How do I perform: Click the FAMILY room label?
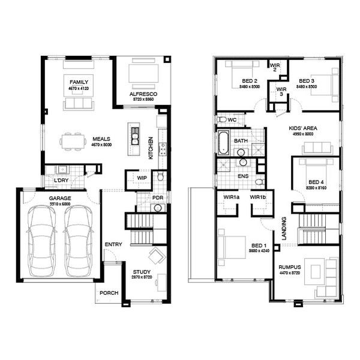click(x=79, y=81)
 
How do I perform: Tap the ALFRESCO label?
click(x=142, y=95)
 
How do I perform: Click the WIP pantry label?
click(x=142, y=178)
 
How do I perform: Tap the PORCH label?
click(x=109, y=293)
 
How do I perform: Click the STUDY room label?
click(x=142, y=272)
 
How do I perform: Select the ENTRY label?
click(x=113, y=245)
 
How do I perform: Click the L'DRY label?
click(x=61, y=181)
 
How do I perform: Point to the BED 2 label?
click(x=248, y=81)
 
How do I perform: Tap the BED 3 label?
click(x=307, y=81)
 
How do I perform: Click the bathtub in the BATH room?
click(x=223, y=143)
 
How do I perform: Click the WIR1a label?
click(x=232, y=197)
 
